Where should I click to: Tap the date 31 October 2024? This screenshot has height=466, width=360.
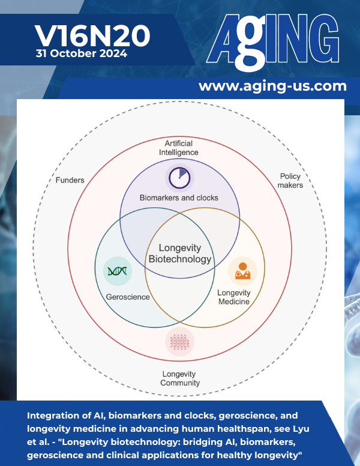(x=81, y=54)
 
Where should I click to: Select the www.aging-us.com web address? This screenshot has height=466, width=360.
(x=272, y=86)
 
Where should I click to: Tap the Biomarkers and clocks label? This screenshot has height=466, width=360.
(x=179, y=198)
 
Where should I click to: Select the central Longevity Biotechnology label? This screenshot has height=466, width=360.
(x=179, y=254)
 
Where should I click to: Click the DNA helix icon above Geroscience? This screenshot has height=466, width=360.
(x=116, y=271)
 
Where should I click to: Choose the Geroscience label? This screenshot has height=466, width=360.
(x=128, y=297)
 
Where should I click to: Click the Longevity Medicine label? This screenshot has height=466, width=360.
(x=233, y=297)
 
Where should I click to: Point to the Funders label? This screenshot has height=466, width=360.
(x=70, y=180)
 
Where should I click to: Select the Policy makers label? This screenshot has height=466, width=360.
(x=291, y=181)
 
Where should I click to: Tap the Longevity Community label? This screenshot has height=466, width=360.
(x=180, y=378)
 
